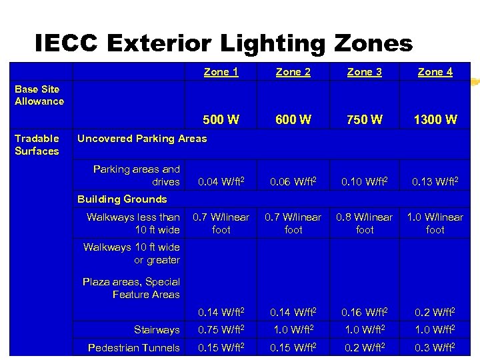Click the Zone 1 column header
click(221, 72)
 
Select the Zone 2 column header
click(293, 72)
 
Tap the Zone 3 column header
click(365, 72)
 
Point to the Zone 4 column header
click(435, 72)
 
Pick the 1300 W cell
click(435, 120)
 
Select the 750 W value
click(365, 120)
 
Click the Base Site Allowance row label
click(39, 95)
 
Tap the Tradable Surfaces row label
click(37, 145)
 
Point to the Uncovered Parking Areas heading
click(142, 139)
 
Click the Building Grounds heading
click(122, 199)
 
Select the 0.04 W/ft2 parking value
click(221, 181)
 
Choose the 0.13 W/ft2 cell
click(435, 181)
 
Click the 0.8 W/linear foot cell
click(365, 223)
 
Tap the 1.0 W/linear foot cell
click(435, 223)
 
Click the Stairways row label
click(157, 330)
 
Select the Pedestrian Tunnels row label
click(134, 347)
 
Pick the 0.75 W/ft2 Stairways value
click(221, 330)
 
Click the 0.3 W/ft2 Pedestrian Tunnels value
click(435, 347)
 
